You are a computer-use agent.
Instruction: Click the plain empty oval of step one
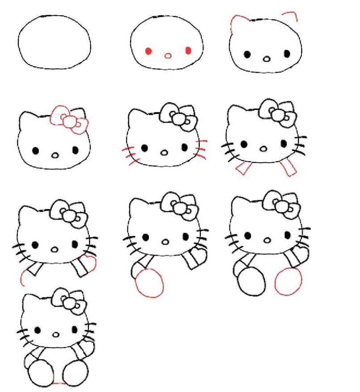[55, 42]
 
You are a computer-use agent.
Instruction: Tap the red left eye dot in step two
[148, 51]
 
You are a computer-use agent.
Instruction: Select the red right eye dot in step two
[188, 51]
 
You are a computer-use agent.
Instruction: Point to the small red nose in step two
[168, 56]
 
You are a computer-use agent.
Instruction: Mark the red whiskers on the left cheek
[128, 154]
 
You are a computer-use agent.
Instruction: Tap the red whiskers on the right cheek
[200, 150]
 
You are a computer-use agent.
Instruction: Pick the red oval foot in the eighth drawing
[149, 283]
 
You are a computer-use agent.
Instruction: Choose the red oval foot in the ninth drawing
[288, 282]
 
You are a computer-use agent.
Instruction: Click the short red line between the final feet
[59, 384]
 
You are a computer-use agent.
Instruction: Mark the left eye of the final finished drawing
[37, 330]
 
